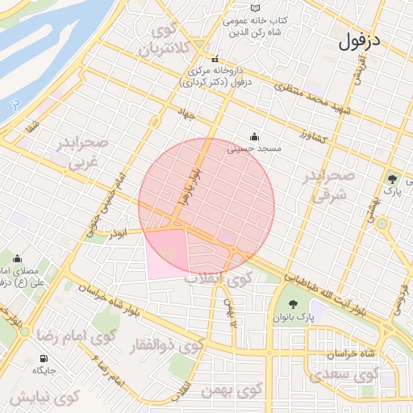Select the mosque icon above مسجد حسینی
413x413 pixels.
[255, 136]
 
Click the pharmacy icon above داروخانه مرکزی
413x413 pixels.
[215, 60]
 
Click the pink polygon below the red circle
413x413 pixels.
[167, 254]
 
